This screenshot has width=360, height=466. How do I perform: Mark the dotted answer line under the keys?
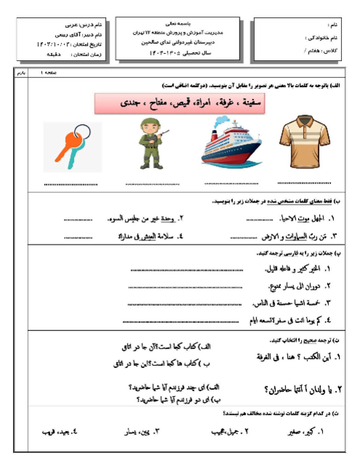pyautogui.click(x=70, y=184)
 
